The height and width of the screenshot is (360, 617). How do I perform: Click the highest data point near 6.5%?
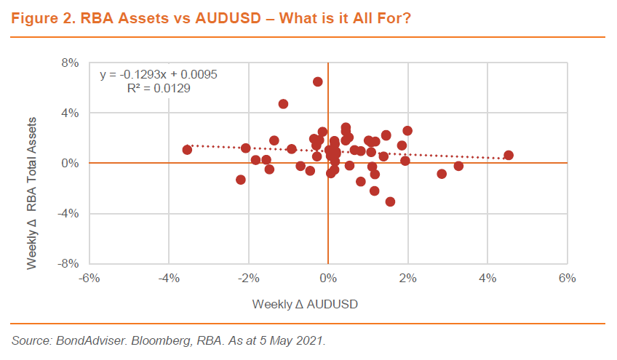tap(318, 81)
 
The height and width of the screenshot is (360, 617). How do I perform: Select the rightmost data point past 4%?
tap(509, 155)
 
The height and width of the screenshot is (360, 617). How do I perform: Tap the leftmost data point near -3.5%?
tap(187, 150)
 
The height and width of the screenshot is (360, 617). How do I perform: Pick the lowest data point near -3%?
tap(390, 201)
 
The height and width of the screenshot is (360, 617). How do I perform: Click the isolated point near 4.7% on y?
tap(283, 104)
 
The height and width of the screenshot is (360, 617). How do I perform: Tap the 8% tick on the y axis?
tap(70, 63)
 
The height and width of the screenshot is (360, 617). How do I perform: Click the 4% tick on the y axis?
tap(70, 113)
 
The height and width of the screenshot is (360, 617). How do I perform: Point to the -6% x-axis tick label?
tap(89, 279)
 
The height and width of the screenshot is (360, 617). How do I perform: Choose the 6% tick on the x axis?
tap(568, 279)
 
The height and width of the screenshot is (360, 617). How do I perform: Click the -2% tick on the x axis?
tap(249, 279)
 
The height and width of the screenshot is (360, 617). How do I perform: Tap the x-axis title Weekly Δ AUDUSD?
tap(306, 303)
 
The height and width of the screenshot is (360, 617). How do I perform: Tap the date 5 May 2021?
tap(295, 340)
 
